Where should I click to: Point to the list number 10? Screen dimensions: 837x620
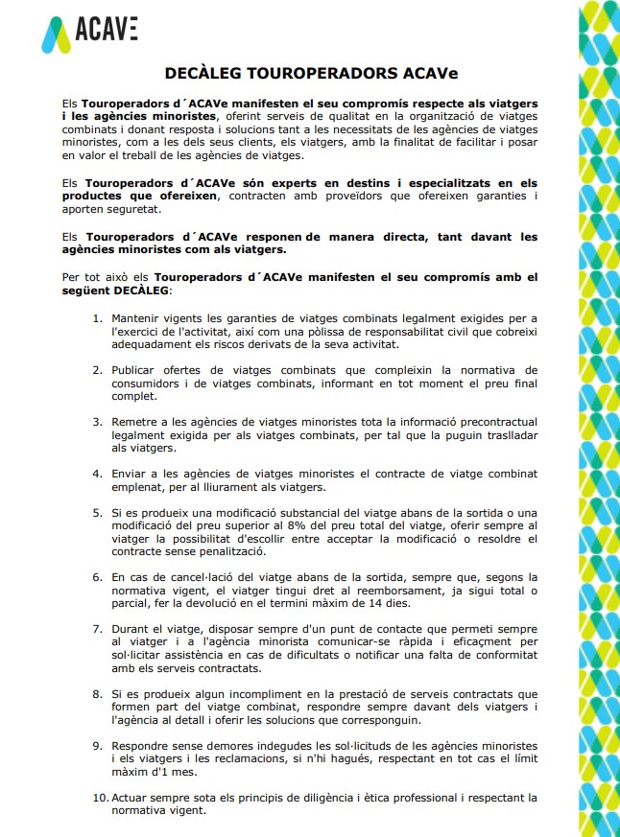pyautogui.click(x=100, y=797)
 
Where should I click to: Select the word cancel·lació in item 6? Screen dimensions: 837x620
pyautogui.click(x=203, y=577)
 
